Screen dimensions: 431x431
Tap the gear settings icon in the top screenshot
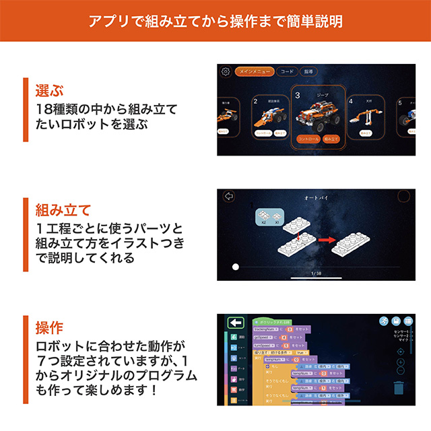pyautogui.click(x=226, y=72)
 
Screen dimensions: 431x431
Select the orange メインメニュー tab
pyautogui.click(x=255, y=71)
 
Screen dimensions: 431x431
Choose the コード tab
pyautogui.click(x=287, y=71)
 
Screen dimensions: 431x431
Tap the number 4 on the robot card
pyautogui.click(x=351, y=101)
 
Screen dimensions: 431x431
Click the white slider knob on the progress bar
pyautogui.click(x=235, y=267)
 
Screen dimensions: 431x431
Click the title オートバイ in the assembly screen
pyautogui.click(x=315, y=198)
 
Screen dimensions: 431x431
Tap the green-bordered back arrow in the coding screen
pyautogui.click(x=235, y=323)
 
